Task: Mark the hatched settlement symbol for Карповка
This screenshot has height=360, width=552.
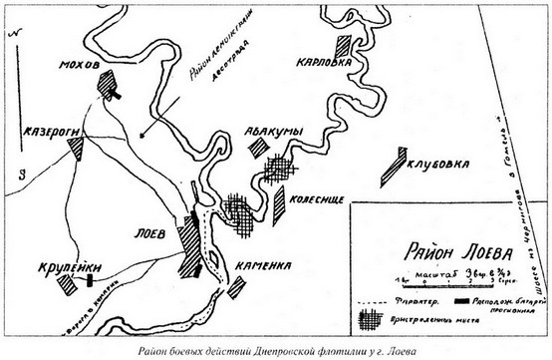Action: (346, 46)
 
